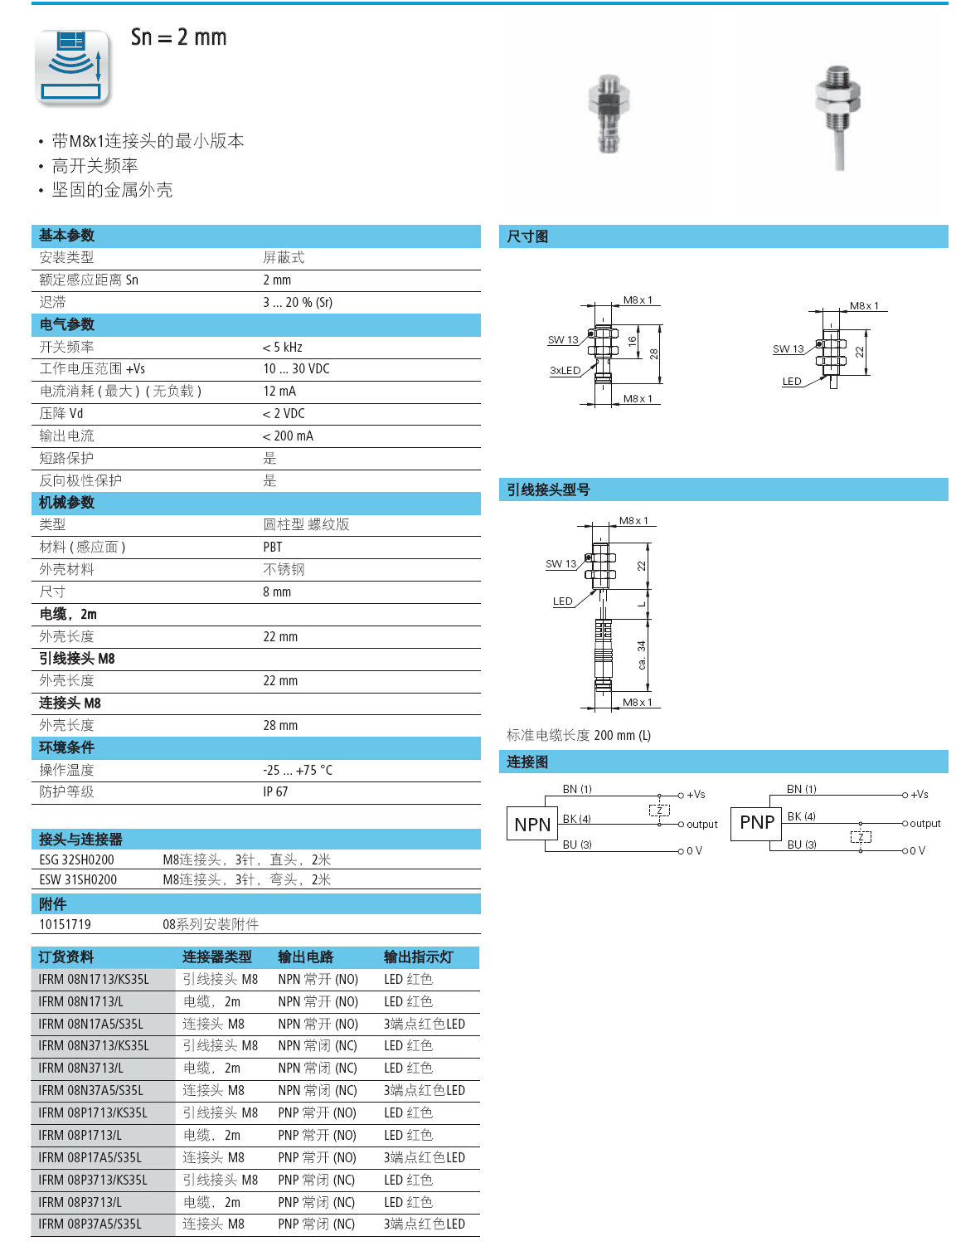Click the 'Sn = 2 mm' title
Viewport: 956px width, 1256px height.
click(178, 37)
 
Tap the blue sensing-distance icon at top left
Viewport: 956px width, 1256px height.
click(72, 67)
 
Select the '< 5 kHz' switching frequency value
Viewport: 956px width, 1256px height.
click(282, 347)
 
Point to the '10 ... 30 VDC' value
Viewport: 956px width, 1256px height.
click(296, 369)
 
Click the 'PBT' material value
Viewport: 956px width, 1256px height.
click(272, 548)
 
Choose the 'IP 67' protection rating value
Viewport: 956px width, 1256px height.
click(275, 792)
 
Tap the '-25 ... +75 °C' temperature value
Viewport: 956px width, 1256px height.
click(297, 770)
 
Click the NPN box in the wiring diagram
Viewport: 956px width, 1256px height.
click(532, 824)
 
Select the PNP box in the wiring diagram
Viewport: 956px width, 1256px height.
click(756, 822)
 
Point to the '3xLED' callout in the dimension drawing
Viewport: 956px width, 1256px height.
click(565, 371)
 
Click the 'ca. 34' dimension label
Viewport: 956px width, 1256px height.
click(641, 655)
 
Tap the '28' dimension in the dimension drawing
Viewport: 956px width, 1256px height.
click(654, 353)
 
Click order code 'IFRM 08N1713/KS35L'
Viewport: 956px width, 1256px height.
click(94, 980)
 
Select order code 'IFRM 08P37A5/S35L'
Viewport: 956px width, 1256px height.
click(90, 1224)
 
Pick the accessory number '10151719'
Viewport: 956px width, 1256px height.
click(65, 925)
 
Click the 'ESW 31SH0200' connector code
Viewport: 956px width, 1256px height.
click(78, 880)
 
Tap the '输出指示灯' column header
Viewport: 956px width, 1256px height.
click(418, 957)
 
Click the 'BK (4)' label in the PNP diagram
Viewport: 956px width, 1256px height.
click(801, 816)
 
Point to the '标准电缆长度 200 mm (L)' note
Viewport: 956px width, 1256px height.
click(578, 736)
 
